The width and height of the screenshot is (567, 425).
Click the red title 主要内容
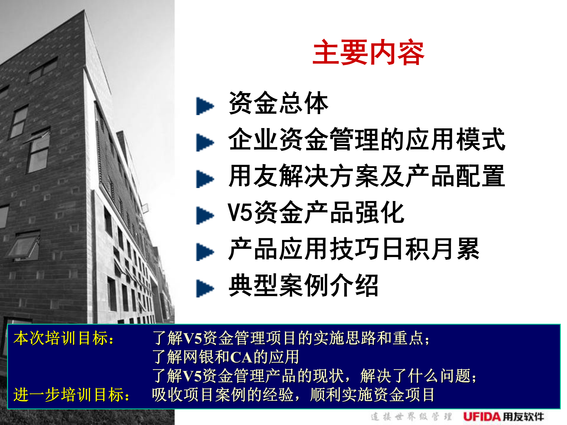pos(368,53)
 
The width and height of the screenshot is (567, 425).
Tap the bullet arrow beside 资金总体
pos(204,106)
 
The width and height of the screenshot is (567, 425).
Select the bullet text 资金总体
pos(278,103)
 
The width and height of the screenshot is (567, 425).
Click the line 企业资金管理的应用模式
pos(366,139)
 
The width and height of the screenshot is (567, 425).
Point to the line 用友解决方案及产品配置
pos(366,176)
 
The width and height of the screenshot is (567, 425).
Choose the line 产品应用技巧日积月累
pos(353,249)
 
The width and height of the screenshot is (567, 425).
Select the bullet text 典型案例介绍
pos(303,285)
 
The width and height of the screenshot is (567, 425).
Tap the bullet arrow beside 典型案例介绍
pos(204,288)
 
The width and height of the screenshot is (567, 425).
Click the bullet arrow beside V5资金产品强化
pos(204,215)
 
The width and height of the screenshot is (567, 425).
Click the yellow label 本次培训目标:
pos(64,338)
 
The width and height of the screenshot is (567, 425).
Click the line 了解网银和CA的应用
pos(226,357)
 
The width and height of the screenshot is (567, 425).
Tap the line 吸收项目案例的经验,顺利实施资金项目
pos(293,395)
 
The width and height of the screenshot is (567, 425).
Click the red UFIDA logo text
pos(482,417)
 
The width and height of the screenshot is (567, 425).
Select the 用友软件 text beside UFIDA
pos(523,417)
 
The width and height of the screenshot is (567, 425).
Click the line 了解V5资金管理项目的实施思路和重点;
pos(291,338)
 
